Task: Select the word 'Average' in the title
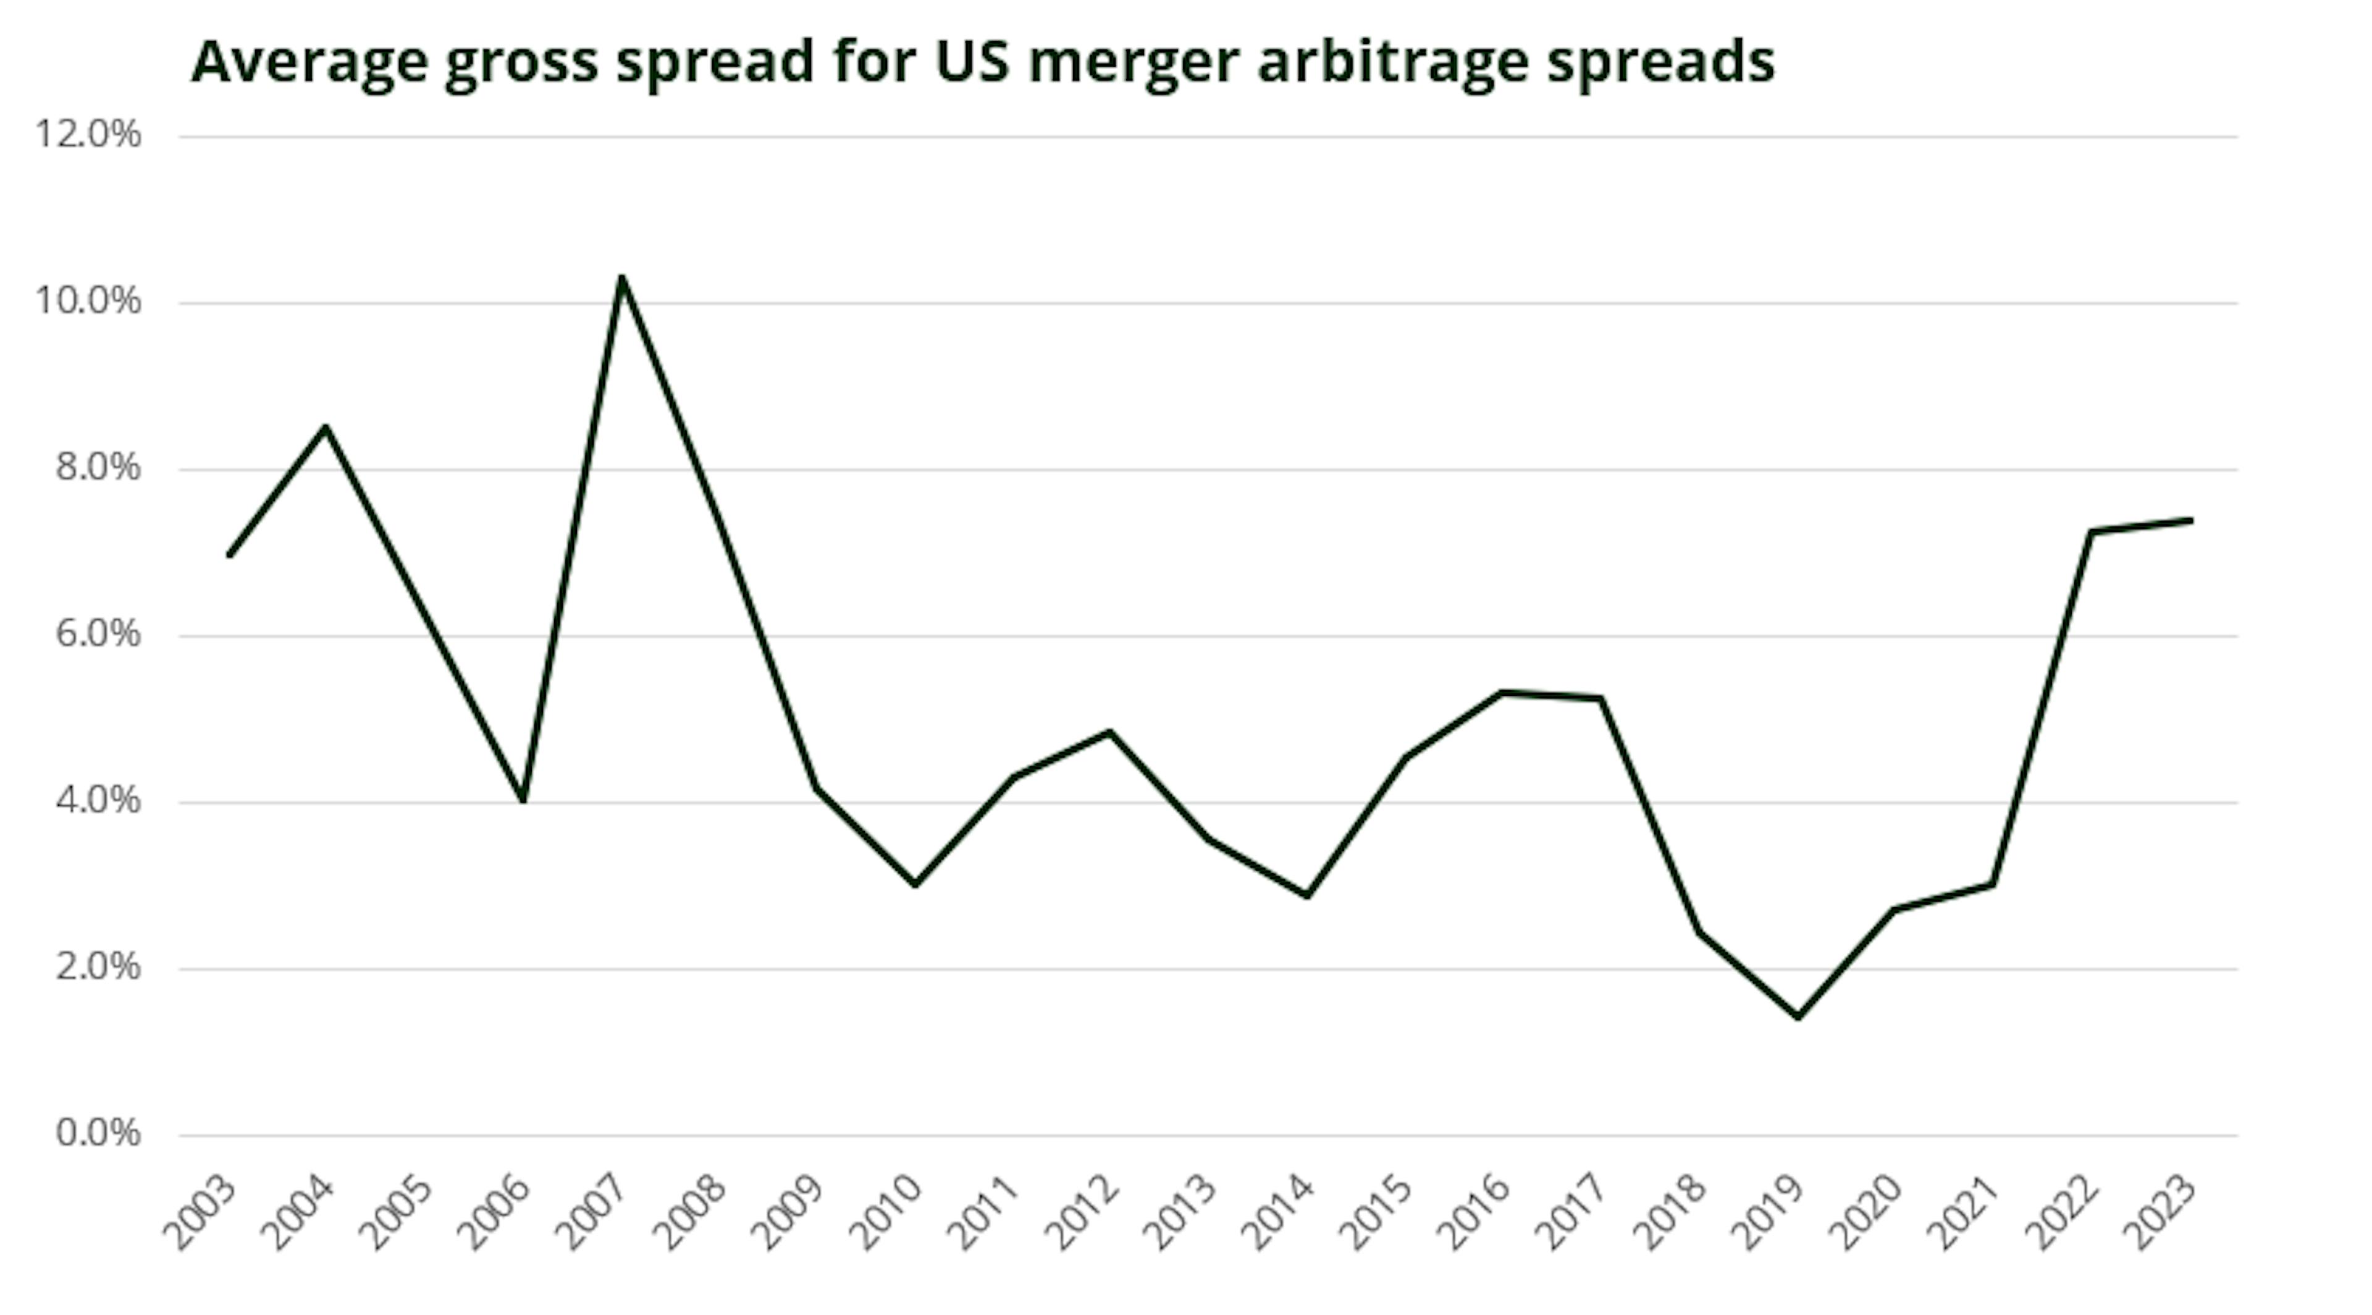pyautogui.click(x=309, y=62)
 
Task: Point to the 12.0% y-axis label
pyautogui.click(x=88, y=135)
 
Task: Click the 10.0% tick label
pyautogui.click(x=88, y=301)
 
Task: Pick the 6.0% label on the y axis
pyautogui.click(x=98, y=635)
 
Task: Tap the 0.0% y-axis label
pyautogui.click(x=98, y=1133)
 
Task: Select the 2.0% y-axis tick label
pyautogui.click(x=98, y=967)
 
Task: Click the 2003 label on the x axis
pyautogui.click(x=200, y=1212)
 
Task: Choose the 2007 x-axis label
pyautogui.click(x=593, y=1212)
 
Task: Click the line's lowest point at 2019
pyautogui.click(x=1798, y=1017)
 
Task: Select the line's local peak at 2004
pyautogui.click(x=326, y=427)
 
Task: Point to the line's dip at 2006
pyautogui.click(x=523, y=799)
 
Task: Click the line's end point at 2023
pyautogui.click(x=2190, y=520)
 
